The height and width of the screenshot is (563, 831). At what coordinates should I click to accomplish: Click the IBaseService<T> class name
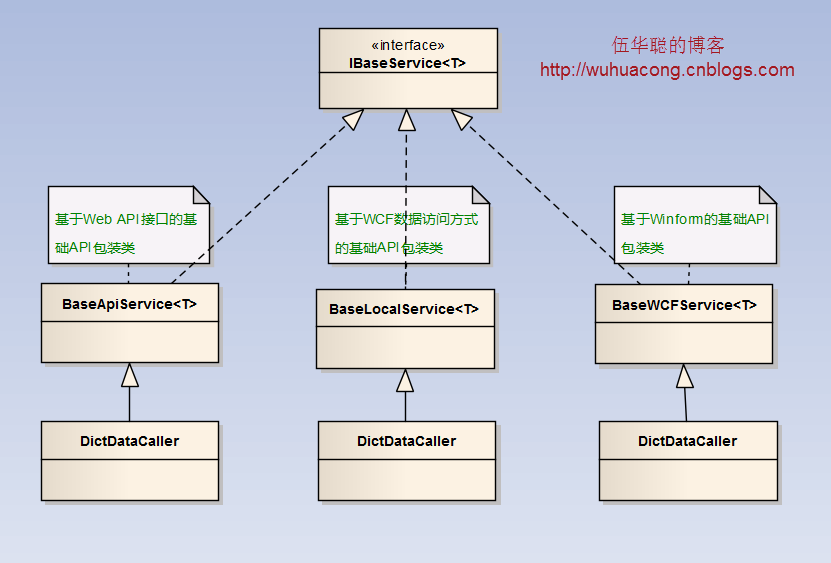(x=407, y=63)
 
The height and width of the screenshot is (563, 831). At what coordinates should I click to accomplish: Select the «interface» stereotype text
(x=408, y=45)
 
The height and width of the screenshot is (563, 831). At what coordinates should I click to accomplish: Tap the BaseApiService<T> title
(x=129, y=304)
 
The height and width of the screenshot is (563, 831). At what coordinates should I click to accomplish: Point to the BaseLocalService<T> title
(x=404, y=309)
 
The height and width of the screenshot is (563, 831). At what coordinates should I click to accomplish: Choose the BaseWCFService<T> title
(x=684, y=305)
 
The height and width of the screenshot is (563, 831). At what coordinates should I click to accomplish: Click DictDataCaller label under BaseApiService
(x=129, y=441)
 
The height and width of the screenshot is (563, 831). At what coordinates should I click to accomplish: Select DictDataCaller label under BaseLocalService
(x=406, y=441)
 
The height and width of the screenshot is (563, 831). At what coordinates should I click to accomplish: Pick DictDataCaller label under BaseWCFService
(x=687, y=441)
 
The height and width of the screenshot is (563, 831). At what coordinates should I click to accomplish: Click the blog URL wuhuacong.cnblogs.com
(x=667, y=70)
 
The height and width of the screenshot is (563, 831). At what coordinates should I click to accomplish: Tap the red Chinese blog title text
(x=668, y=45)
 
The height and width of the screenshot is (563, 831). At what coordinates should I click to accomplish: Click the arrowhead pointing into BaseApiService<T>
(x=130, y=375)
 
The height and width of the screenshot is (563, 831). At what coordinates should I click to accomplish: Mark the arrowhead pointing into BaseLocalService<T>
(x=405, y=380)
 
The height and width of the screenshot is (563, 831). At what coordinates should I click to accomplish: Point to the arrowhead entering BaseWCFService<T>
(x=685, y=376)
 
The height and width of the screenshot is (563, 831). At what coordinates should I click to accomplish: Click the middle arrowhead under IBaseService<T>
(x=406, y=120)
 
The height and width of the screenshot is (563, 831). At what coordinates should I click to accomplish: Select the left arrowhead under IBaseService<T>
(x=354, y=119)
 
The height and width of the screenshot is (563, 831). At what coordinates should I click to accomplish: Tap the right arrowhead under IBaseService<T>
(x=461, y=119)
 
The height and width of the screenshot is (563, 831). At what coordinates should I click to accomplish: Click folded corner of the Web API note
(x=201, y=195)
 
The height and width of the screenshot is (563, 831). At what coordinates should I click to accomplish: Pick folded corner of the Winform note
(x=767, y=195)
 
